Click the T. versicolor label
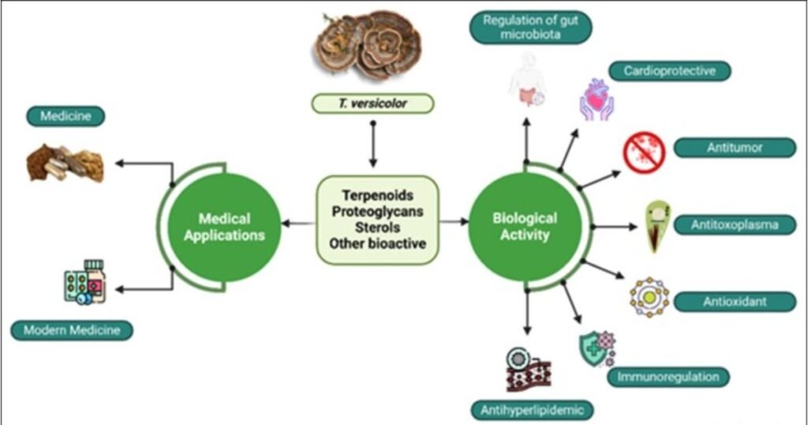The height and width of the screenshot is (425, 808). click(x=373, y=103)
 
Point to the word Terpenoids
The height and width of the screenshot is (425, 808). click(x=378, y=194)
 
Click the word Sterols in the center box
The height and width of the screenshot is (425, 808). click(x=378, y=228)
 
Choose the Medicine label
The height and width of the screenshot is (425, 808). click(x=66, y=117)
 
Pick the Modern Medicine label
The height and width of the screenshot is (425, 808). click(x=72, y=330)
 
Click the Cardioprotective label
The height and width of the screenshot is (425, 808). click(x=669, y=71)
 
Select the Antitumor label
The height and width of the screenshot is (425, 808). click(x=735, y=147)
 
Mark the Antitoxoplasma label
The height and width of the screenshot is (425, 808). click(x=735, y=225)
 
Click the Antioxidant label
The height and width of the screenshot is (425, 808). click(x=735, y=301)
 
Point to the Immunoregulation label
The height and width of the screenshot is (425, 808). click(x=668, y=376)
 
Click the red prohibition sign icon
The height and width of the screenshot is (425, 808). click(x=644, y=152)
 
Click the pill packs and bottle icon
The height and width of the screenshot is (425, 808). click(x=84, y=282)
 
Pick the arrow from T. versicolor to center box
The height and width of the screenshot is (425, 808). click(x=373, y=142)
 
